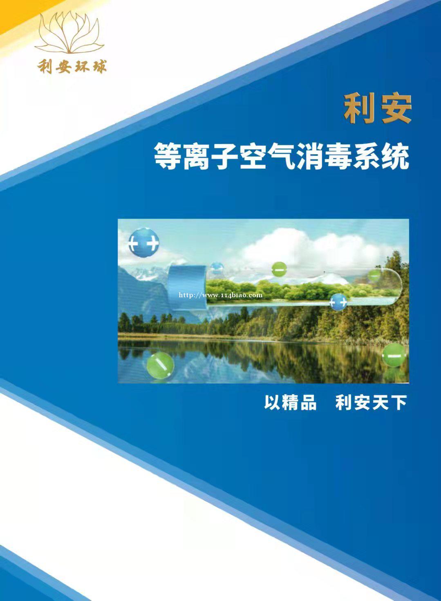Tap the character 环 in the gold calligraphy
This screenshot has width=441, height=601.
81,66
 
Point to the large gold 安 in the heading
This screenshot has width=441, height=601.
395,109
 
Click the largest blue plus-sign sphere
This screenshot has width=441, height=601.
144,243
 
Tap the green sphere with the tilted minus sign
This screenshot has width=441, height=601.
160,365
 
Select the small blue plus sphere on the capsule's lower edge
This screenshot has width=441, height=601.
338,302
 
